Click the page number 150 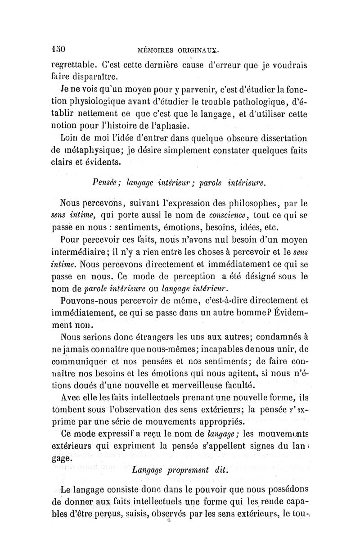(59, 47)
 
